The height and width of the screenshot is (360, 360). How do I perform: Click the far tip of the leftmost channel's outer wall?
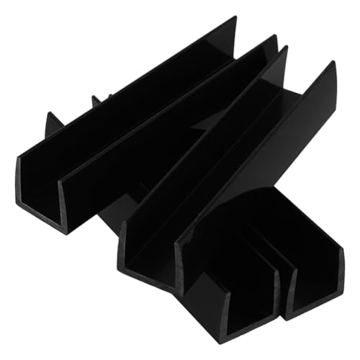234,19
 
